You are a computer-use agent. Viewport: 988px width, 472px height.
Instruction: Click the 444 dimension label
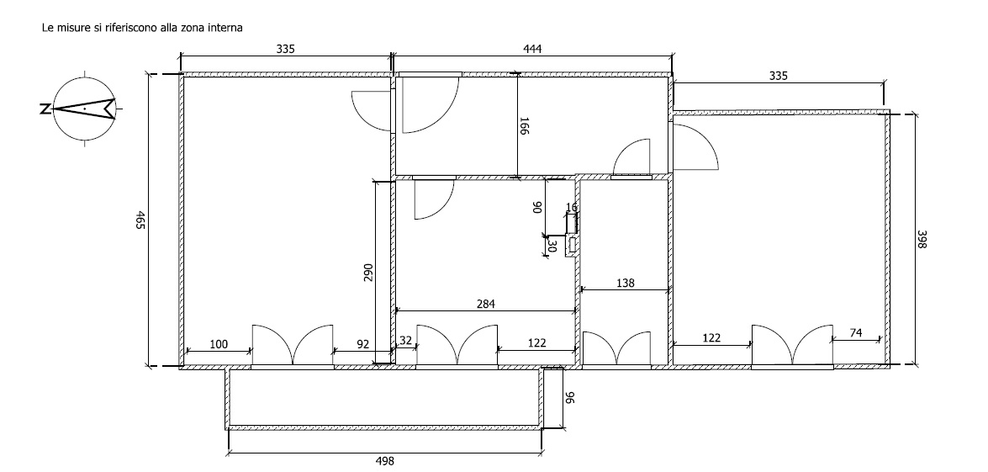click(532, 49)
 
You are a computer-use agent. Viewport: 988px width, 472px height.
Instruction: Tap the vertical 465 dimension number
click(140, 220)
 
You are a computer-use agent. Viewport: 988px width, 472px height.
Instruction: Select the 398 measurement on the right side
click(922, 240)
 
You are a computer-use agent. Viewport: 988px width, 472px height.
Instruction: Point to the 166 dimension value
click(524, 126)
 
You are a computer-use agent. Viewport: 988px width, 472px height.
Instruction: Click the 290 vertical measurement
click(368, 273)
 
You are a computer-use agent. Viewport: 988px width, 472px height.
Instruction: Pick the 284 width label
click(486, 304)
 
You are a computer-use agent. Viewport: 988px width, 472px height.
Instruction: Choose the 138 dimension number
click(625, 283)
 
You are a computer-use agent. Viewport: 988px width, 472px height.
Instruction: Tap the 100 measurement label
click(219, 344)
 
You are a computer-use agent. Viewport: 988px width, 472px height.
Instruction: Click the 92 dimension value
click(363, 344)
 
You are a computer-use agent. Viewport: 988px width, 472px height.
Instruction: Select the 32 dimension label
click(405, 340)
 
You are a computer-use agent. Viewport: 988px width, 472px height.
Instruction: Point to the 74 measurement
click(856, 332)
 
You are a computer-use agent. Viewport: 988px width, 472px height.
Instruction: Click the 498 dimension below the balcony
click(384, 461)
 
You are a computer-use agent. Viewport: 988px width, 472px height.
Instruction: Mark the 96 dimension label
click(570, 398)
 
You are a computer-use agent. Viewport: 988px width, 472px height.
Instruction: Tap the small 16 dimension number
click(572, 207)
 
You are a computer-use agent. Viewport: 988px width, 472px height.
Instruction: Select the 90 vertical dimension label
click(537, 207)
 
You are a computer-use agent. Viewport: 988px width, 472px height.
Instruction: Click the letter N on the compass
click(45, 109)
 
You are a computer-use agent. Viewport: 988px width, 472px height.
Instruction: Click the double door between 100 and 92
click(293, 346)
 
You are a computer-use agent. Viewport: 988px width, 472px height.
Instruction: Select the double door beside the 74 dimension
click(792, 346)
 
